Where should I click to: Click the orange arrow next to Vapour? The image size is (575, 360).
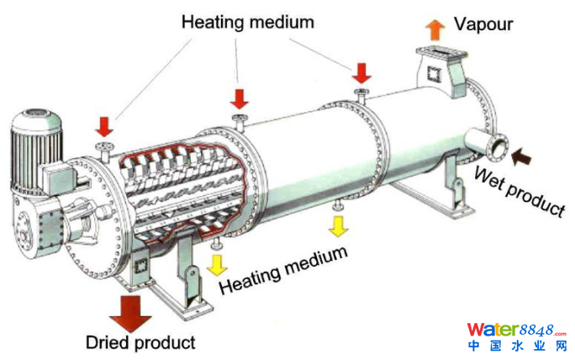(435, 30)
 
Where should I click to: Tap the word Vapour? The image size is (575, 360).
(483, 24)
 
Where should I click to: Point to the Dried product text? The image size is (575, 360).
(140, 342)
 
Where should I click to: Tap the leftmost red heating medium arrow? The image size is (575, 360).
(104, 126)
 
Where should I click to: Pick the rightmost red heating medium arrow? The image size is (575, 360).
(362, 71)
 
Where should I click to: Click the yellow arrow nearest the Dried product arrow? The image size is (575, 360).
(218, 264)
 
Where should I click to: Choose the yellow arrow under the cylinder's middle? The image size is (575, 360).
(339, 225)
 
